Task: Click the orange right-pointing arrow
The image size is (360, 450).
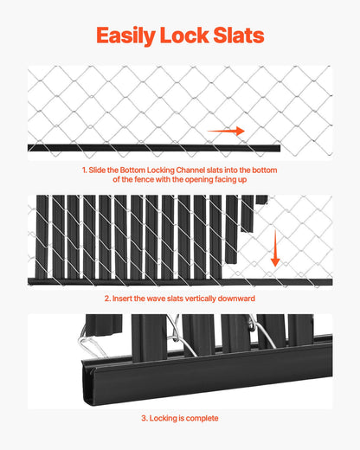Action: click(225, 132)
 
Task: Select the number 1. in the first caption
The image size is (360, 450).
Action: click(85, 170)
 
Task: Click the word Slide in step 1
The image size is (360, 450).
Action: click(100, 170)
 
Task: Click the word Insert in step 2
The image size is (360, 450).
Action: click(125, 299)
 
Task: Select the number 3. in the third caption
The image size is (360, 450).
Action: click(145, 418)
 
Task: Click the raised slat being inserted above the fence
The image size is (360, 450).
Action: click(247, 215)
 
